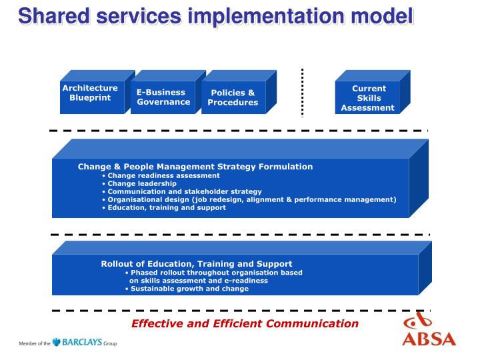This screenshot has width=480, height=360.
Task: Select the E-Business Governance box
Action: click(163, 97)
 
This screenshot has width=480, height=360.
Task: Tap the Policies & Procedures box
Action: click(233, 98)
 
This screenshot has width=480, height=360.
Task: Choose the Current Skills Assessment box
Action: click(368, 98)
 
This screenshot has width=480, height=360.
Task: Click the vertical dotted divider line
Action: click(302, 92)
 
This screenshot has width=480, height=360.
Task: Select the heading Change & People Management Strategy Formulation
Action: click(195, 167)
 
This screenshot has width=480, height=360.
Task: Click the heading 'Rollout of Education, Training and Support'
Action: click(196, 264)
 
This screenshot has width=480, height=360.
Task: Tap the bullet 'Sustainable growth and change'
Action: click(189, 289)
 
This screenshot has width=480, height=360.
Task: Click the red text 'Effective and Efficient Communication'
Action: click(245, 323)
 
